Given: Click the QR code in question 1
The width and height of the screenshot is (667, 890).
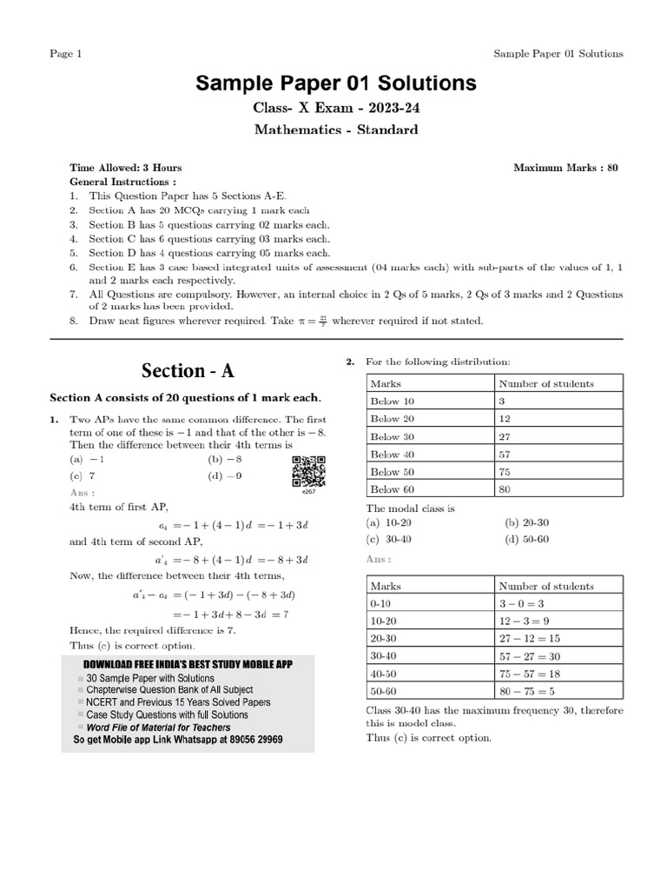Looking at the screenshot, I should pyautogui.click(x=308, y=472).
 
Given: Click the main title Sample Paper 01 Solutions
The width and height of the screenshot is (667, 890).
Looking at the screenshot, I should pyautogui.click(x=335, y=83).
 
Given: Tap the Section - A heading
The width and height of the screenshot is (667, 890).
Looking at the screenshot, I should pyautogui.click(x=188, y=370).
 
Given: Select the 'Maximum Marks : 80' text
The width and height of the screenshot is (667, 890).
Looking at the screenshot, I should pyautogui.click(x=565, y=168).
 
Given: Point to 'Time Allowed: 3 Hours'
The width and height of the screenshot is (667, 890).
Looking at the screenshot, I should pyautogui.click(x=125, y=168).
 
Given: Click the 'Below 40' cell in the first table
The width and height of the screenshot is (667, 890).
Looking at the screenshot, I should pyautogui.click(x=393, y=454).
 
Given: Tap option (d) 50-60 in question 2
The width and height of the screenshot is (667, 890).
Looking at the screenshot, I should pyautogui.click(x=526, y=539).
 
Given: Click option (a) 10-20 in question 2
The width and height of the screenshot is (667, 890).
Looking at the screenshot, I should pyautogui.click(x=388, y=523).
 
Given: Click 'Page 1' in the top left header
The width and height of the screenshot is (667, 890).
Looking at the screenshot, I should pyautogui.click(x=65, y=54).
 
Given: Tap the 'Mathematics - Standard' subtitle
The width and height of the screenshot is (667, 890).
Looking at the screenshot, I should pyautogui.click(x=335, y=130).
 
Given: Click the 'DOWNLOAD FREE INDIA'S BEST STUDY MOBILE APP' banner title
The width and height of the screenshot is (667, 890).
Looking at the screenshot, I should pyautogui.click(x=187, y=664).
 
